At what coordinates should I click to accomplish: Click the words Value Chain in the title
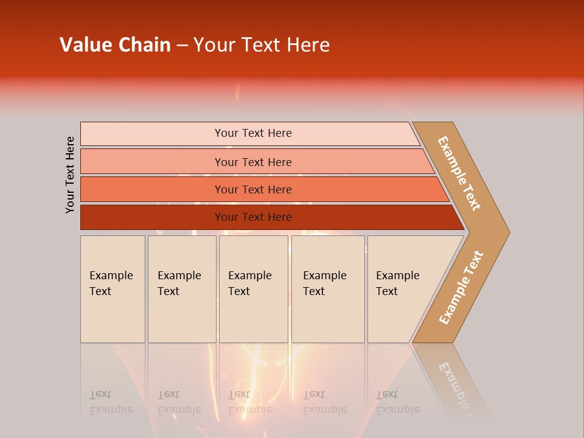click(115, 45)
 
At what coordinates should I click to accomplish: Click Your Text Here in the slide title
click(262, 45)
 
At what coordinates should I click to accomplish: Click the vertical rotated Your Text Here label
click(70, 175)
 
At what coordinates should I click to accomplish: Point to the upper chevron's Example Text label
click(460, 173)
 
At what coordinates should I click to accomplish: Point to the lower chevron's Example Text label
click(461, 287)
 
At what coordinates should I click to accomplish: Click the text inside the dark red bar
click(253, 217)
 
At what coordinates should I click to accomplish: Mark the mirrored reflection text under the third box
click(250, 402)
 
